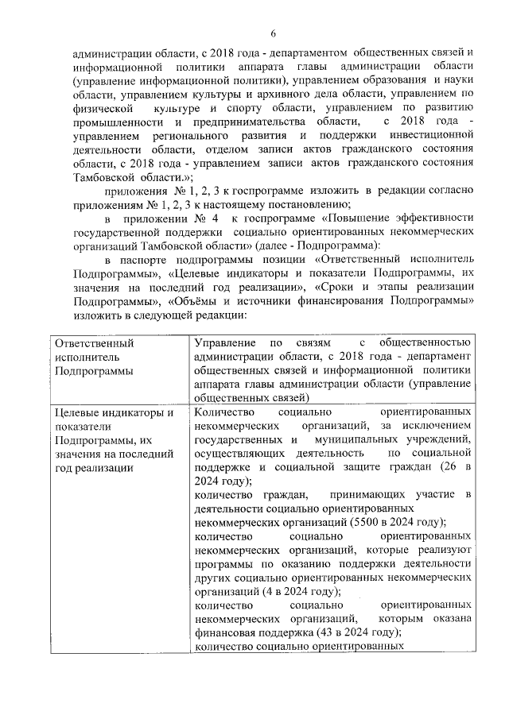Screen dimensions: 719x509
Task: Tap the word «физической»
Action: click(99, 108)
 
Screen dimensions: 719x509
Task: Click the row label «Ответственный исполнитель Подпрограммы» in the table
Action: click(93, 358)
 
